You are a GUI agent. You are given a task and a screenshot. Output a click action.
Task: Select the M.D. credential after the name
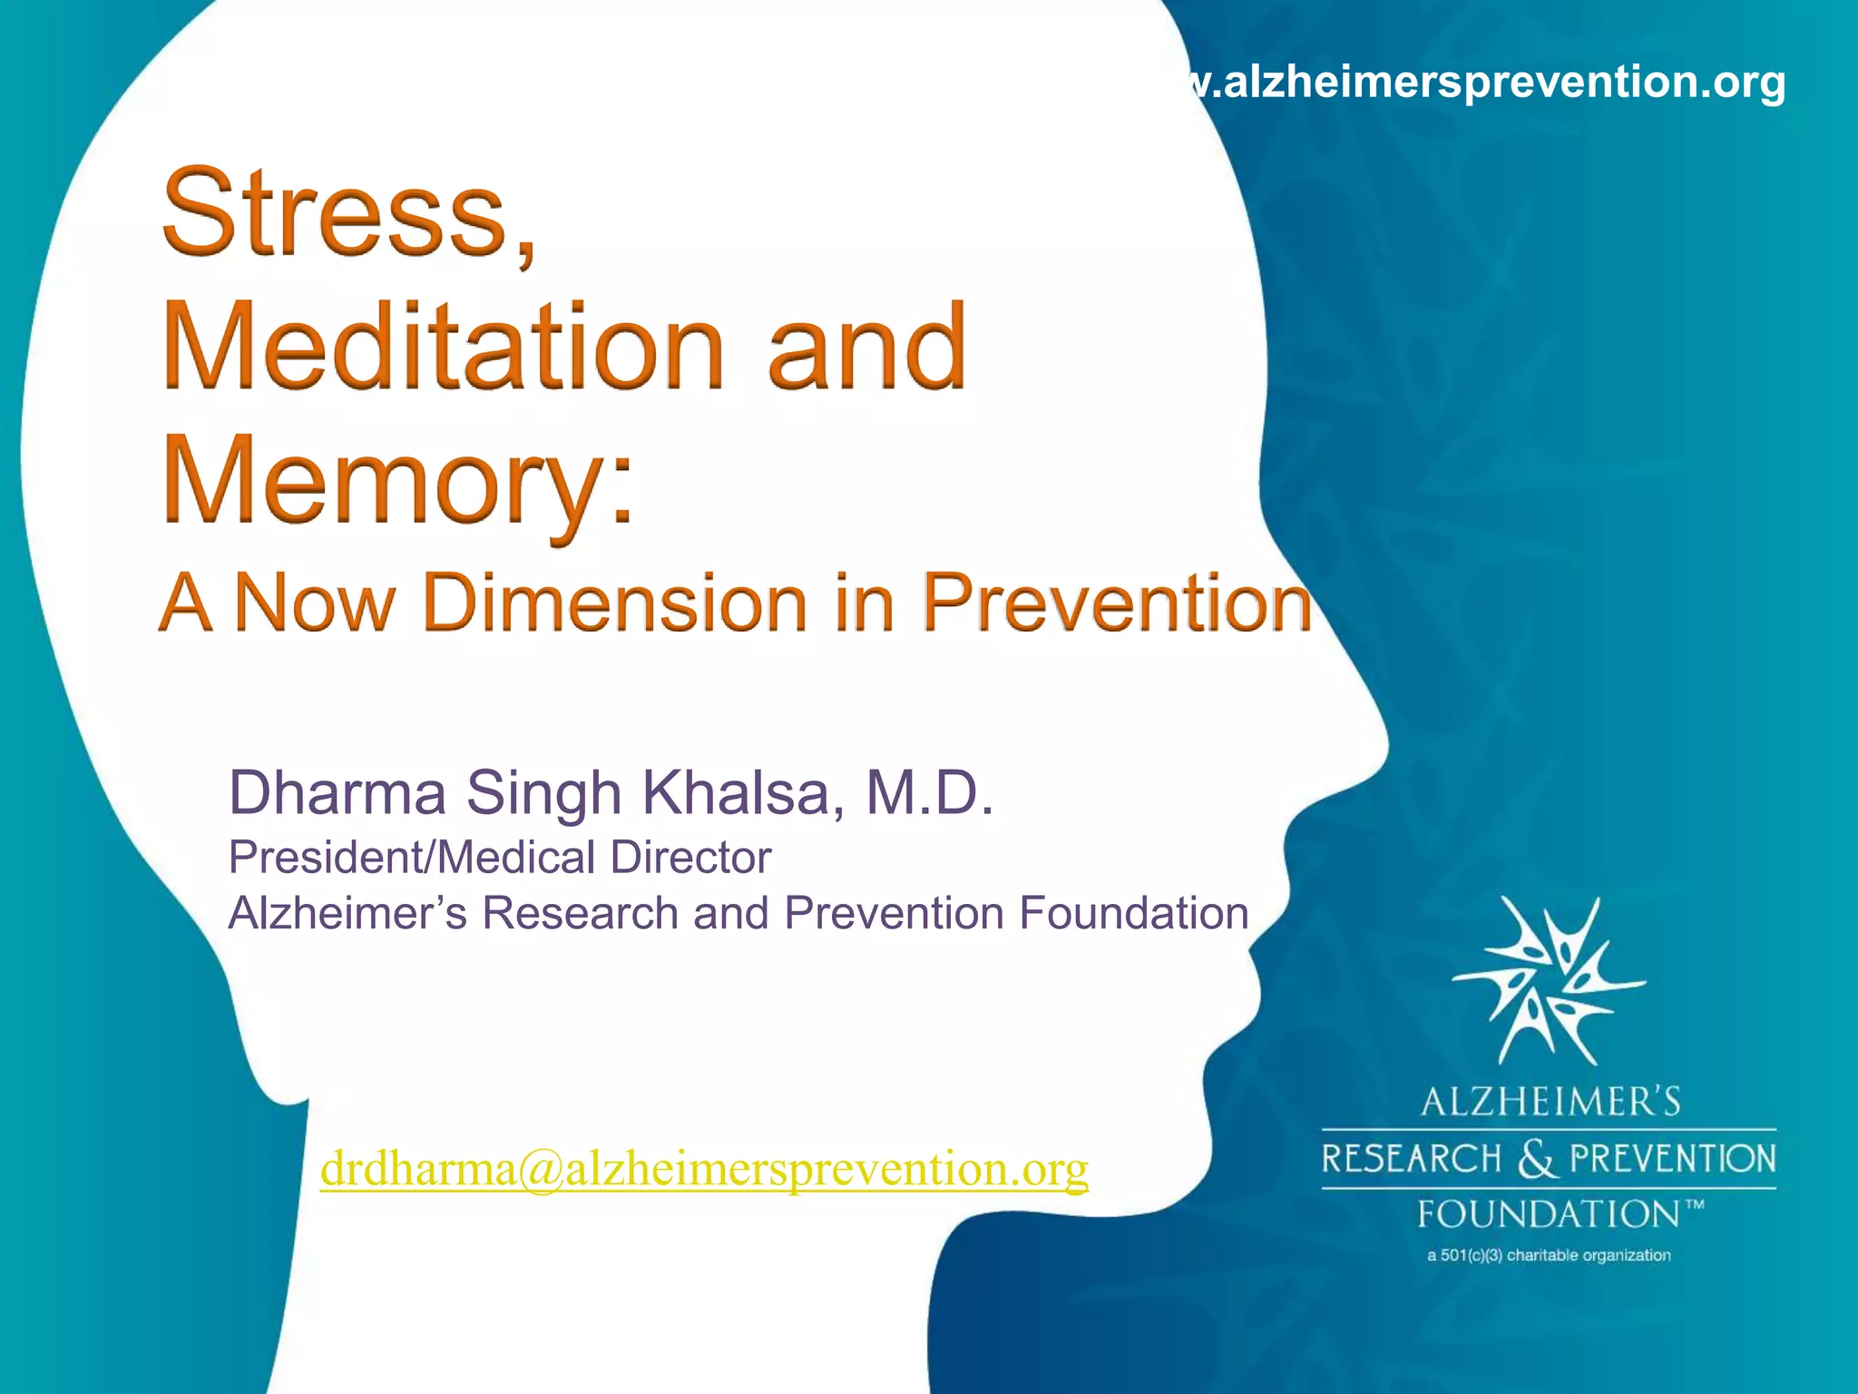coord(930,792)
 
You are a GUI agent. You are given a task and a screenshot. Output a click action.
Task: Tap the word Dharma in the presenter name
coord(337,792)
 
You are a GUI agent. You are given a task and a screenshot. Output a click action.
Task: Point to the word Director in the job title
coord(690,858)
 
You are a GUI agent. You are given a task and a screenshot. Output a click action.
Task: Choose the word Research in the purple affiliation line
coord(580,913)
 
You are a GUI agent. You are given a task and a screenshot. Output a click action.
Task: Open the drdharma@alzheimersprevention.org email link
coord(704,1169)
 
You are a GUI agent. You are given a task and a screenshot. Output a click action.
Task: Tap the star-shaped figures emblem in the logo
coord(1548,980)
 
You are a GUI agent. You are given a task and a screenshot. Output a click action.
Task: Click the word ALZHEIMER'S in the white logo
coord(1550,1102)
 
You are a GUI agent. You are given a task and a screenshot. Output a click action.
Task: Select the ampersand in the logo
coord(1535,1159)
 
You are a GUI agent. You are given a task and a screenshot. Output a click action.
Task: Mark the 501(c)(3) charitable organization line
coord(1549,1256)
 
